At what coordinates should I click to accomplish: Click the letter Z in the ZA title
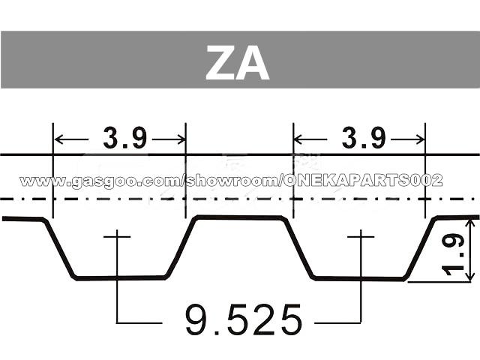click(220, 62)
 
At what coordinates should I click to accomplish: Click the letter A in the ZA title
click(253, 62)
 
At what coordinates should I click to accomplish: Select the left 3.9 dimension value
click(125, 138)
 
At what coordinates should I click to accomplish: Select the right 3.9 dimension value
click(364, 138)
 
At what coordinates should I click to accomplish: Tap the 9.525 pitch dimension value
click(244, 320)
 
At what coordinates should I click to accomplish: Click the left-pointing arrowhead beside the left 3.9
click(58, 139)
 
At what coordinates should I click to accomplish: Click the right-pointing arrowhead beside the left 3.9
click(180, 139)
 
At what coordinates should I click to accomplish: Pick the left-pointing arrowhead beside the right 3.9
click(298, 139)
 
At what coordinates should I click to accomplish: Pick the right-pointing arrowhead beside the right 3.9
click(419, 139)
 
